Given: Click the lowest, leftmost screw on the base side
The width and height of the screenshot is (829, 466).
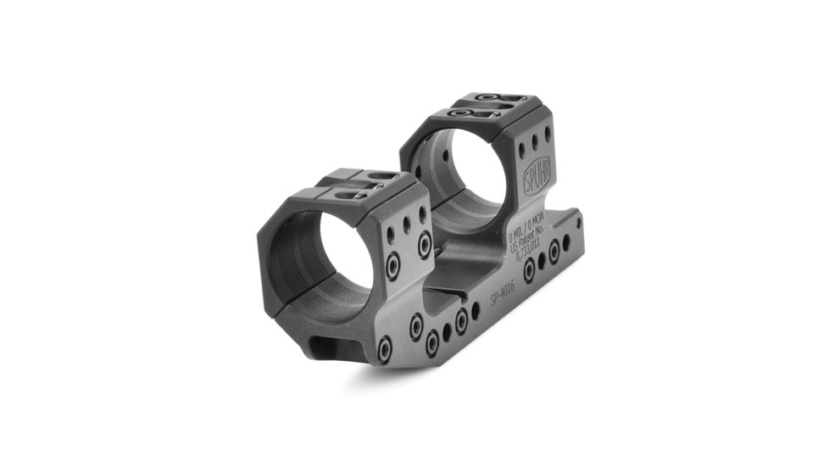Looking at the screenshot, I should click(384, 348).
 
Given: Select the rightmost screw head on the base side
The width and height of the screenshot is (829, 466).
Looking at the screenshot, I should click(554, 251).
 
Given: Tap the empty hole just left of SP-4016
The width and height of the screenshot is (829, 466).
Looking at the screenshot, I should click(476, 311).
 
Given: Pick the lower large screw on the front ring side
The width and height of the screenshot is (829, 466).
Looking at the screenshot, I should click(393, 268).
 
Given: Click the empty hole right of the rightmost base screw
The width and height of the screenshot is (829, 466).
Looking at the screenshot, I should click(566, 243).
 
